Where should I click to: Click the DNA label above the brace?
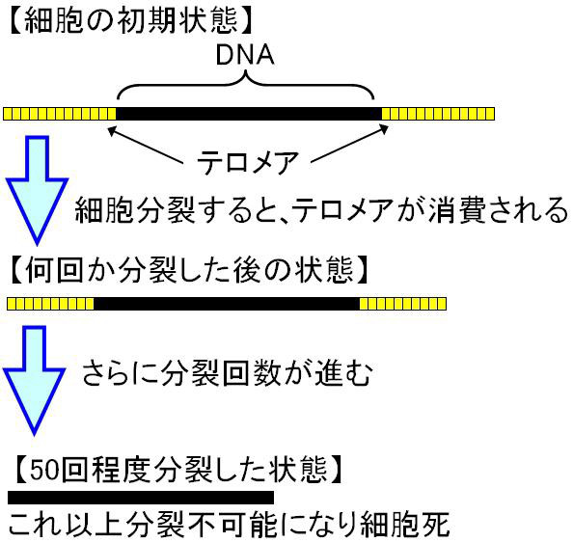(x=245, y=55)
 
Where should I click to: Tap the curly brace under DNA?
(x=246, y=85)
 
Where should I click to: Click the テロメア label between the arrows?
(x=248, y=163)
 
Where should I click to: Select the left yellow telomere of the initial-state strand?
(x=60, y=114)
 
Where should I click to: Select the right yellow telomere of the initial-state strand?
(x=438, y=114)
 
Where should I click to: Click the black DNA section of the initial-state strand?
(x=249, y=114)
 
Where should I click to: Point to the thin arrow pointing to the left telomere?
(x=146, y=145)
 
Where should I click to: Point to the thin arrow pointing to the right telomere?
(x=350, y=143)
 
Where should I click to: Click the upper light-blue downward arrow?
(x=37, y=190)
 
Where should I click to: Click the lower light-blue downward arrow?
(x=35, y=380)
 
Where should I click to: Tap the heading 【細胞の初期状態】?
(x=130, y=21)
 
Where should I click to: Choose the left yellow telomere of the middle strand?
(x=50, y=304)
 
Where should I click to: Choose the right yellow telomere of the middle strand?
(x=402, y=304)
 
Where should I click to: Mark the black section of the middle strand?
(x=227, y=304)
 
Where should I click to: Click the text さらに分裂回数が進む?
(x=227, y=373)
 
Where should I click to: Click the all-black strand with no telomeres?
(x=141, y=498)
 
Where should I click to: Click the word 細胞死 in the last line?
(x=405, y=525)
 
